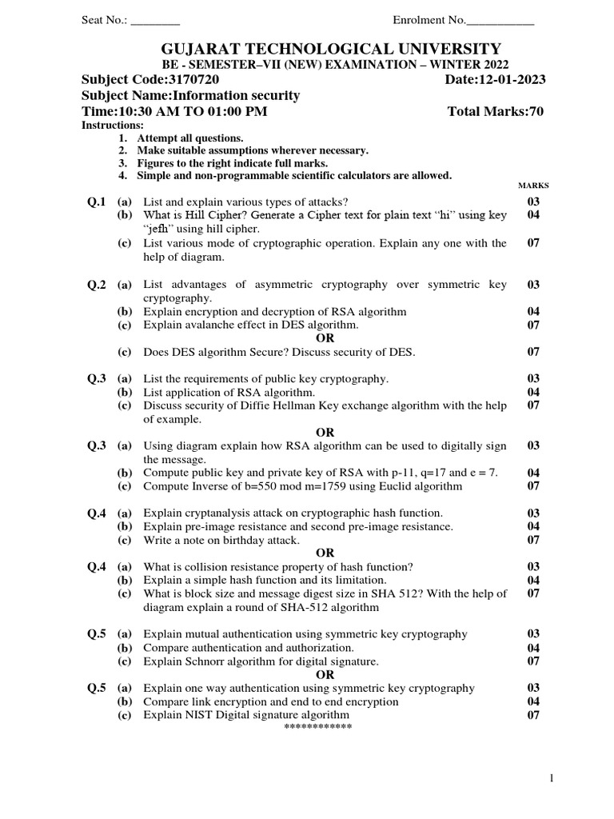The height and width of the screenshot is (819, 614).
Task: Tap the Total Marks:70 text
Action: pyautogui.click(x=496, y=111)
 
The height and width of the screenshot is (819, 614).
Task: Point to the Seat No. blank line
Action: pyautogui.click(x=155, y=20)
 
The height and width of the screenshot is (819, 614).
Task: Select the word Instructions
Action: pyautogui.click(x=113, y=126)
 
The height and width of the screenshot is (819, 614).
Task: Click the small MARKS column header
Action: pyautogui.click(x=534, y=186)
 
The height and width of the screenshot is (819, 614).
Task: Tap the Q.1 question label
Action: pyautogui.click(x=97, y=202)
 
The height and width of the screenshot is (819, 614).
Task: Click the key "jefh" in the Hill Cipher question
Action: pyautogui.click(x=161, y=229)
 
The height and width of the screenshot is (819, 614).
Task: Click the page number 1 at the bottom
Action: pyautogui.click(x=551, y=778)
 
